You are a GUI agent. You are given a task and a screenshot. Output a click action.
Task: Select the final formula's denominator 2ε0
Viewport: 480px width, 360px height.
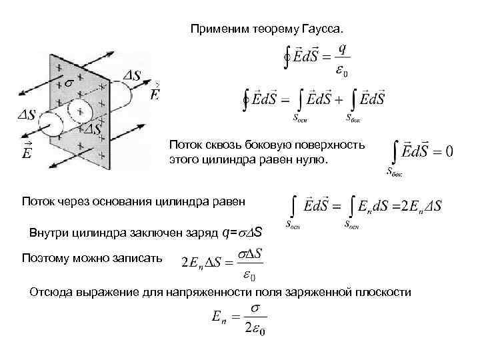pos(253,329)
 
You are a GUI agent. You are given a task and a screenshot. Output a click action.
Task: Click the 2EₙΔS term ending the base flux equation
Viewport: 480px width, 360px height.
pos(419,205)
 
